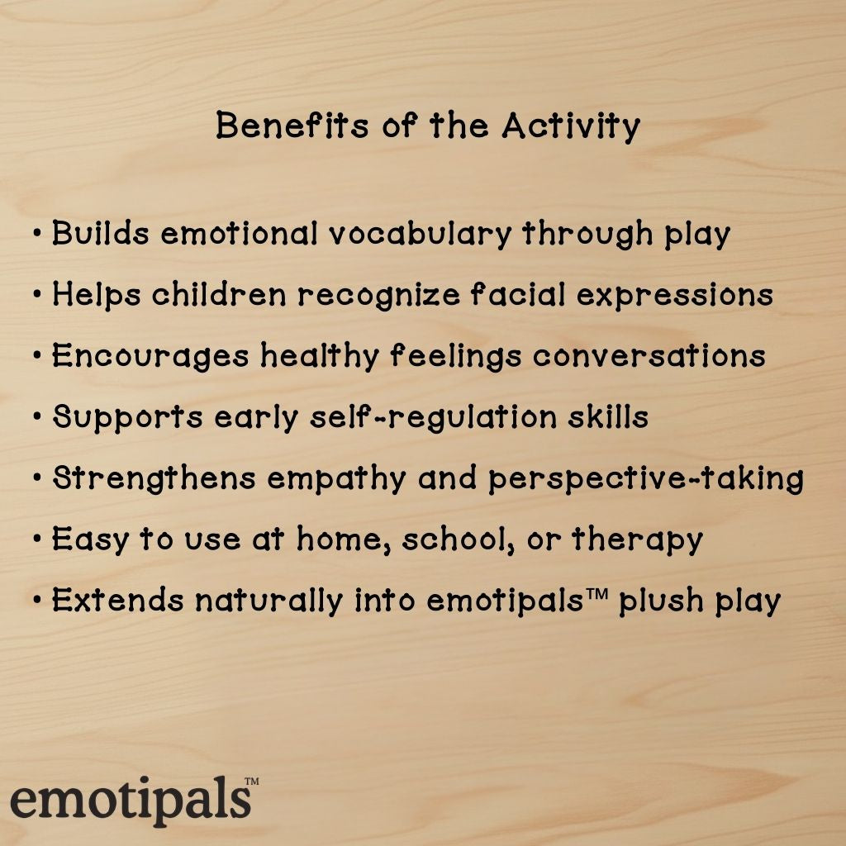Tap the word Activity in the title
click(571, 126)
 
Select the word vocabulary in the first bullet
click(419, 235)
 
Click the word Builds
click(100, 233)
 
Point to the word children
click(218, 295)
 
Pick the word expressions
click(674, 296)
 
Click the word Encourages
click(150, 357)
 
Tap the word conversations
click(649, 356)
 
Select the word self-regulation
click(433, 418)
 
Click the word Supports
click(128, 418)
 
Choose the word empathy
click(336, 479)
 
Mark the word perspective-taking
click(646, 479)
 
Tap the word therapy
click(637, 540)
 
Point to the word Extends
click(118, 600)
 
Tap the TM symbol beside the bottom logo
click(252, 781)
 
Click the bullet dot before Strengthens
click(36, 478)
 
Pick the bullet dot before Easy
click(36, 539)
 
